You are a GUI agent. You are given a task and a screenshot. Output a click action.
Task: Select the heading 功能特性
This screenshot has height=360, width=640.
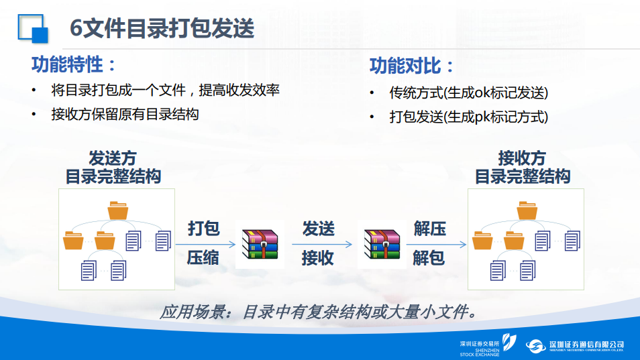(74, 64)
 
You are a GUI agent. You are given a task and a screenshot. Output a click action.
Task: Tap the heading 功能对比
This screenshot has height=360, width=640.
(411, 66)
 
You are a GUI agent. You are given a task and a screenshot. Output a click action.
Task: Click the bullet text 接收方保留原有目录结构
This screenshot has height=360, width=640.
(125, 114)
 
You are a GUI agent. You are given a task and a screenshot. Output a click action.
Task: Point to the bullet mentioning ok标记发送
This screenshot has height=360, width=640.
(468, 93)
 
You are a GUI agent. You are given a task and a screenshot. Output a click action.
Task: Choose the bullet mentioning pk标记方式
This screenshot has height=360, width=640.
(468, 117)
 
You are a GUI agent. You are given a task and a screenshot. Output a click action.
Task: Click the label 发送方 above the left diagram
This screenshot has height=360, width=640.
(113, 158)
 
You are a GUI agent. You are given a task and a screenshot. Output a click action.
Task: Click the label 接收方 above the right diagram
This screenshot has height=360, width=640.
(522, 158)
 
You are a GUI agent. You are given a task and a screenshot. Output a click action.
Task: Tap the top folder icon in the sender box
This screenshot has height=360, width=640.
(118, 211)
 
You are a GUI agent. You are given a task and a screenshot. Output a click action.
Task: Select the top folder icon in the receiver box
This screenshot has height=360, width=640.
(527, 211)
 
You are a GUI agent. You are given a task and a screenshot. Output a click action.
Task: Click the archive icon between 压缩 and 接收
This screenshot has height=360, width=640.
(260, 244)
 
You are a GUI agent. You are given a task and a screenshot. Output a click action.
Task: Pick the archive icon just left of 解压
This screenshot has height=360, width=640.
(382, 244)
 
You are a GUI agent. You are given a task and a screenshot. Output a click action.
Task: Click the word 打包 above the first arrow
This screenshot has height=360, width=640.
(204, 229)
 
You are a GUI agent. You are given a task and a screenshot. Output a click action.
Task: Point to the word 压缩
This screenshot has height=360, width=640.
(203, 257)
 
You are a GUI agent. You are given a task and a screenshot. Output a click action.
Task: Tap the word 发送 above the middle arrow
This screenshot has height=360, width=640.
(319, 229)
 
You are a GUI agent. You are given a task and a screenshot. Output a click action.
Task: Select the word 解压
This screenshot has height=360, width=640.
(429, 229)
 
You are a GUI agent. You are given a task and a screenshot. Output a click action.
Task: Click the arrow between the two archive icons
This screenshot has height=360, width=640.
(322, 244)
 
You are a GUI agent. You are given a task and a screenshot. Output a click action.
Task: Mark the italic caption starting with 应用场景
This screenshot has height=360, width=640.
(319, 312)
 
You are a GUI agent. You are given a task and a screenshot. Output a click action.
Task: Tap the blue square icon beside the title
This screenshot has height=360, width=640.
(33, 29)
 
